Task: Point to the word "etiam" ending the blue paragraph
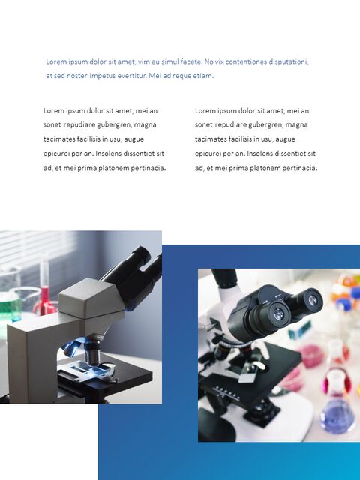pyautogui.click(x=203, y=76)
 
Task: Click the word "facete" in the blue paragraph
pyautogui.click(x=185, y=61)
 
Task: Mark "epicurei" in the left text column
pyautogui.click(x=58, y=154)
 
